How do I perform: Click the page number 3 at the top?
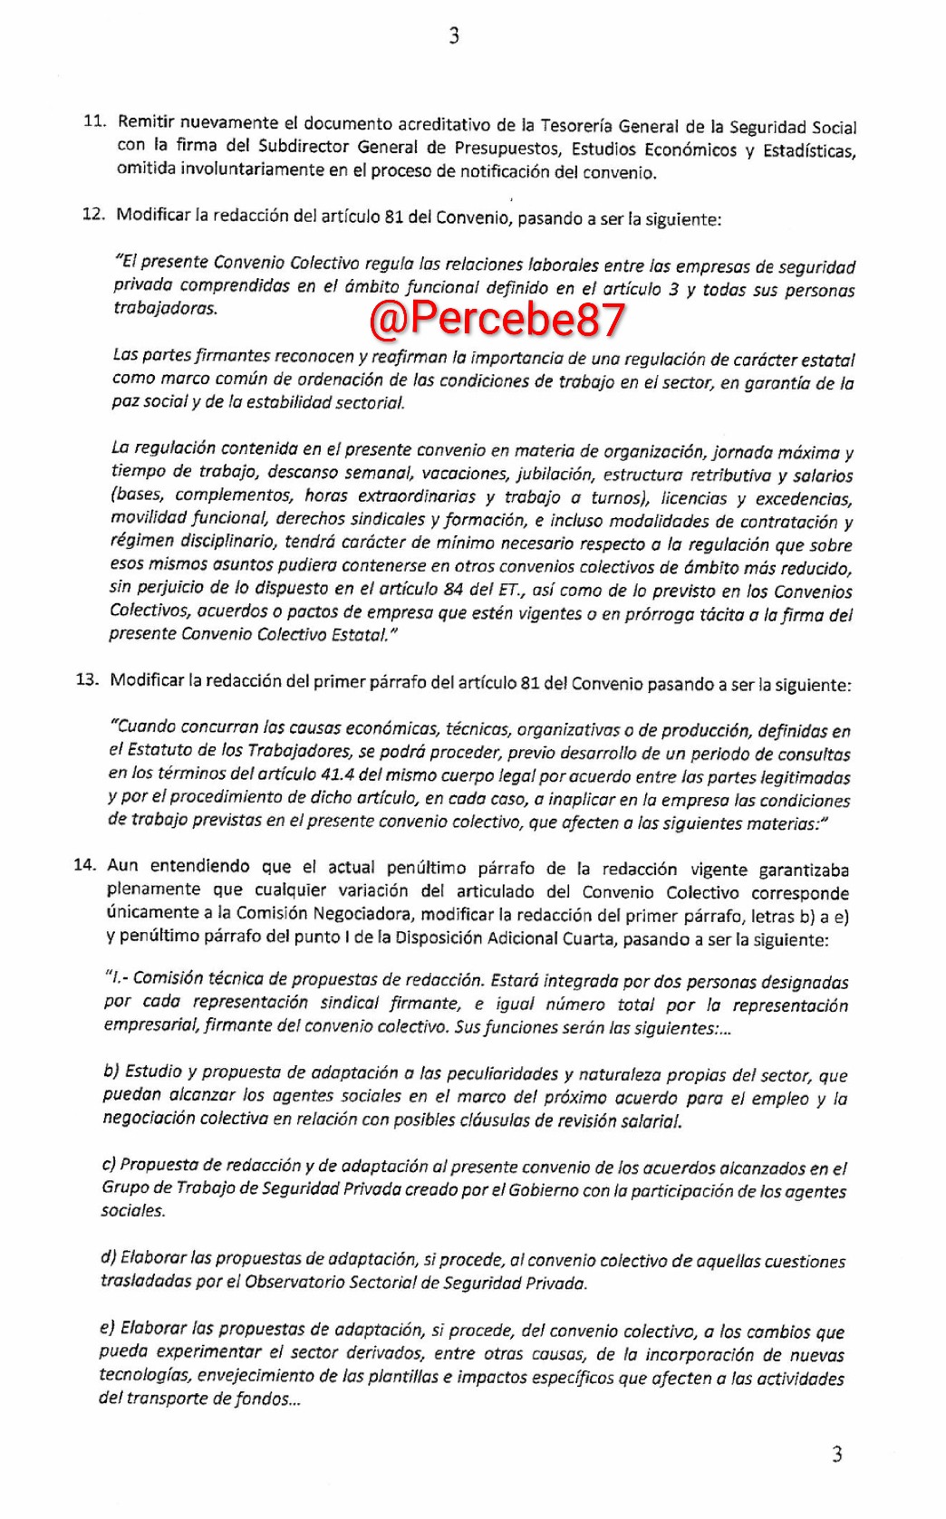click(454, 36)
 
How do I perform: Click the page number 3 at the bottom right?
click(836, 1455)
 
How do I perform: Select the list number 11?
click(93, 120)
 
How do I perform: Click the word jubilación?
click(554, 474)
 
